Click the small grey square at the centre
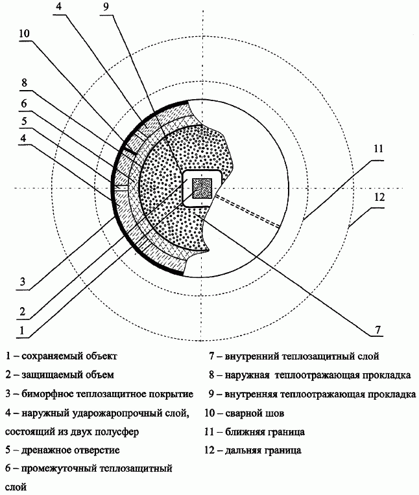pyautogui.click(x=202, y=189)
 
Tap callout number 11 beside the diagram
pyautogui.click(x=378, y=148)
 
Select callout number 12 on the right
pyautogui.click(x=379, y=198)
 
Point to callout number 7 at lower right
pyautogui.click(x=378, y=330)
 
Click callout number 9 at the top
pyautogui.click(x=106, y=6)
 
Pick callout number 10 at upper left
pyautogui.click(x=24, y=34)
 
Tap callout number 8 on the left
pyautogui.click(x=24, y=83)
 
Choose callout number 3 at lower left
pyautogui.click(x=23, y=281)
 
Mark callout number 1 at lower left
pyautogui.click(x=21, y=330)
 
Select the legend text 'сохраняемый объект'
pyautogui.click(x=69, y=356)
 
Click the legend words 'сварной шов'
pyautogui.click(x=255, y=413)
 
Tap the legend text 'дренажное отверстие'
pyautogui.click(x=71, y=450)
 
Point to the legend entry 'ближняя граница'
pyautogui.click(x=265, y=432)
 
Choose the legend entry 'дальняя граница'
pyautogui.click(x=263, y=450)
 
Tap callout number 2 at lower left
pyautogui.click(x=22, y=312)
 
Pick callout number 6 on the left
pyautogui.click(x=24, y=104)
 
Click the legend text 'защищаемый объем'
pyautogui.click(x=67, y=375)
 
